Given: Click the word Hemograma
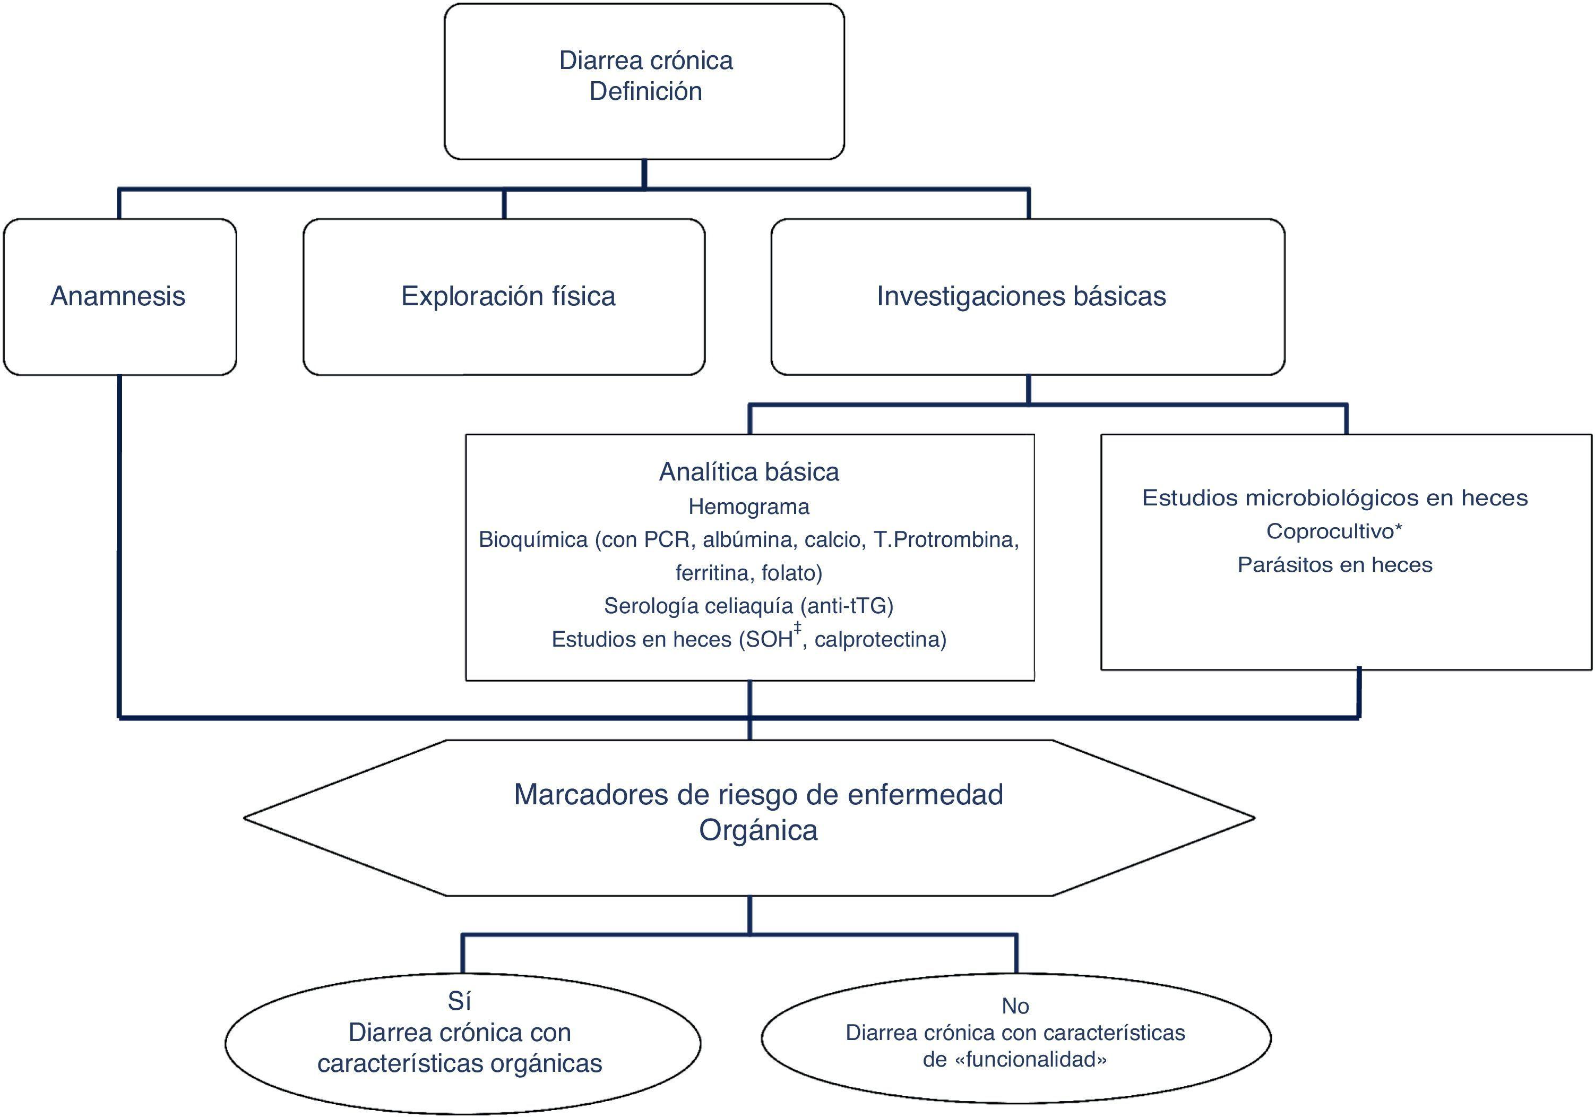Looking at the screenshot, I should pyautogui.click(x=749, y=507).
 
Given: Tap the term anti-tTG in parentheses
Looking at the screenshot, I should pyautogui.click(x=846, y=606).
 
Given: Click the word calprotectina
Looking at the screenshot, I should pyautogui.click(x=880, y=639).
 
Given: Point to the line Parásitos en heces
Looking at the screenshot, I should pyautogui.click(x=1334, y=565).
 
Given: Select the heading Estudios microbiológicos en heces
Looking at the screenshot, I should pyautogui.click(x=1334, y=498).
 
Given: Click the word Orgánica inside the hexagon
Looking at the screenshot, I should pyautogui.click(x=758, y=830).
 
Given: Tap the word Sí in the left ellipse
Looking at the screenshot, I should pyautogui.click(x=459, y=1001).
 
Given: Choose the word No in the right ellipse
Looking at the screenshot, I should pyautogui.click(x=1015, y=1006).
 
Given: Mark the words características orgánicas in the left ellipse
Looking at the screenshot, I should pyautogui.click(x=459, y=1063).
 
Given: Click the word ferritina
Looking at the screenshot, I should pyautogui.click(x=713, y=573).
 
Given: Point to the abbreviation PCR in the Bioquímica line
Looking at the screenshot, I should pyautogui.click(x=667, y=540).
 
